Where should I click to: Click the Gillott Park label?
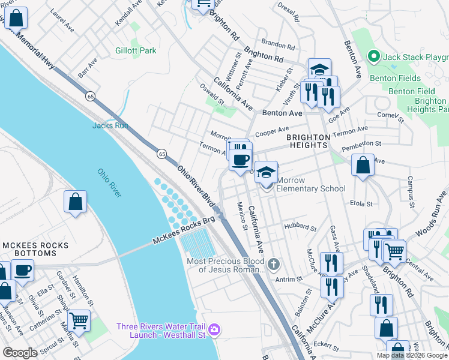[136, 51]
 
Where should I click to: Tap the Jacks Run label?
[110, 125]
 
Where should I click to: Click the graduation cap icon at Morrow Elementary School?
[267, 173]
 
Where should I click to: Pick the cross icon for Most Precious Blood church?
[274, 263]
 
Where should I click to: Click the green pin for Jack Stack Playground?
[373, 57]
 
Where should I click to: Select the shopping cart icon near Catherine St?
[79, 320]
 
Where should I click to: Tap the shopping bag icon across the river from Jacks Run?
[76, 202]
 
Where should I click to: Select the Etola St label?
[361, 204]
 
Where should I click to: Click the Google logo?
[20, 353]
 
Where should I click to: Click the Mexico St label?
[242, 216]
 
